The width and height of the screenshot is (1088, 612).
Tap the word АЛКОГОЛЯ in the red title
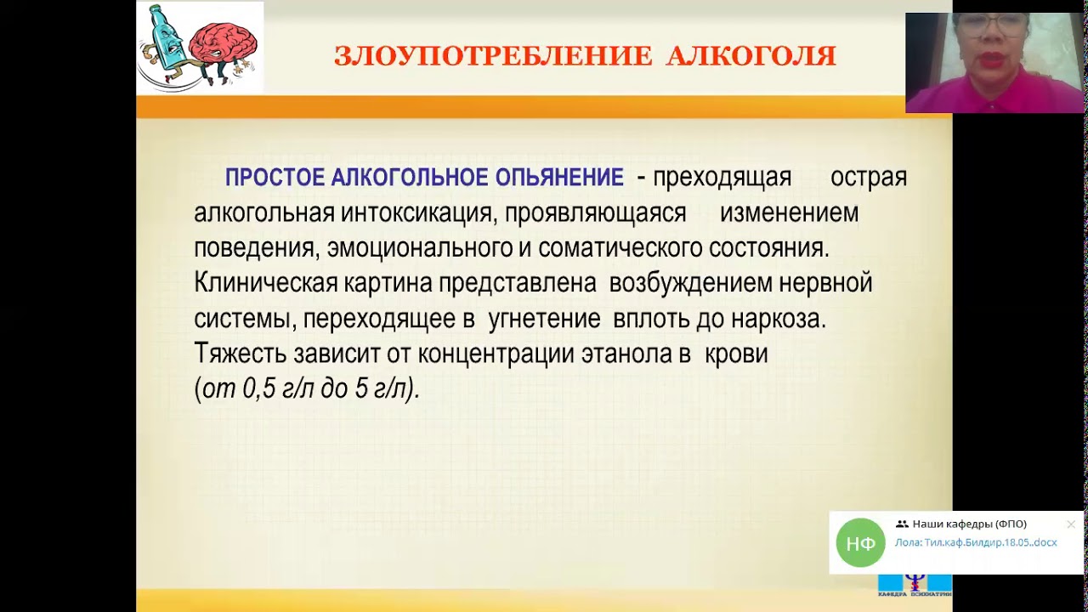point(751,57)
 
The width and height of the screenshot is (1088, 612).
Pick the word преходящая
point(722,178)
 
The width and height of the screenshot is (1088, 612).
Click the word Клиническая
point(266,283)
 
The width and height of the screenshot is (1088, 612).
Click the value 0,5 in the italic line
point(261,389)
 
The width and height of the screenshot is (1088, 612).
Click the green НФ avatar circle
point(860,542)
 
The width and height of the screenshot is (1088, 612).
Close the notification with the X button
point(1070,524)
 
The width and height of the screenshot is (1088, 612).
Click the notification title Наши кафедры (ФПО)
point(969,524)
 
